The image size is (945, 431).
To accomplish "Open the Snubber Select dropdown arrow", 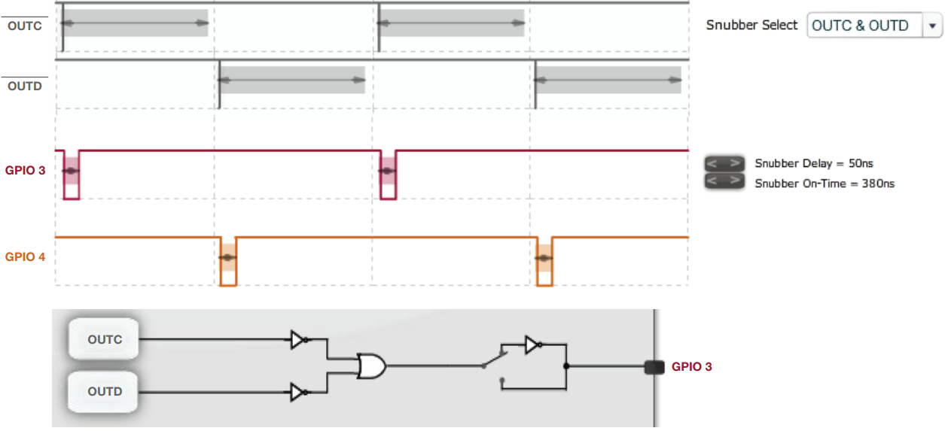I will click(x=933, y=26).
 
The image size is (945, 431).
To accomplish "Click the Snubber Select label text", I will click(x=751, y=26).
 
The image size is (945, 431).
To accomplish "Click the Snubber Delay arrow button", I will click(x=724, y=163).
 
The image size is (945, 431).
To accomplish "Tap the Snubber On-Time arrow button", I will click(x=724, y=182).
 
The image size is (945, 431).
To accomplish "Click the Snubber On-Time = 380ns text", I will click(x=825, y=183).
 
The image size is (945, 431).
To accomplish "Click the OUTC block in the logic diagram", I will click(x=105, y=339).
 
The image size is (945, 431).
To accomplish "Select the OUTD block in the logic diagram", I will click(x=105, y=391).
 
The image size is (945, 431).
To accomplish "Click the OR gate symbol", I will click(x=372, y=366).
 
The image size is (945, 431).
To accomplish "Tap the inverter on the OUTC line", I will click(x=299, y=340).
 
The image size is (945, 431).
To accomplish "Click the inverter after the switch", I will click(x=533, y=345).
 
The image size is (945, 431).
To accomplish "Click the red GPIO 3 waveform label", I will click(x=25, y=171).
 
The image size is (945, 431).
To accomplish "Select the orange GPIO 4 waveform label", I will click(x=25, y=257).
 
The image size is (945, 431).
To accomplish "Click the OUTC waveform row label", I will click(x=24, y=26).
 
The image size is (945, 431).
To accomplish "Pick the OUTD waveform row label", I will click(x=24, y=87).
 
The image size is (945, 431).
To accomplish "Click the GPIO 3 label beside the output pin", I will click(x=691, y=367).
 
